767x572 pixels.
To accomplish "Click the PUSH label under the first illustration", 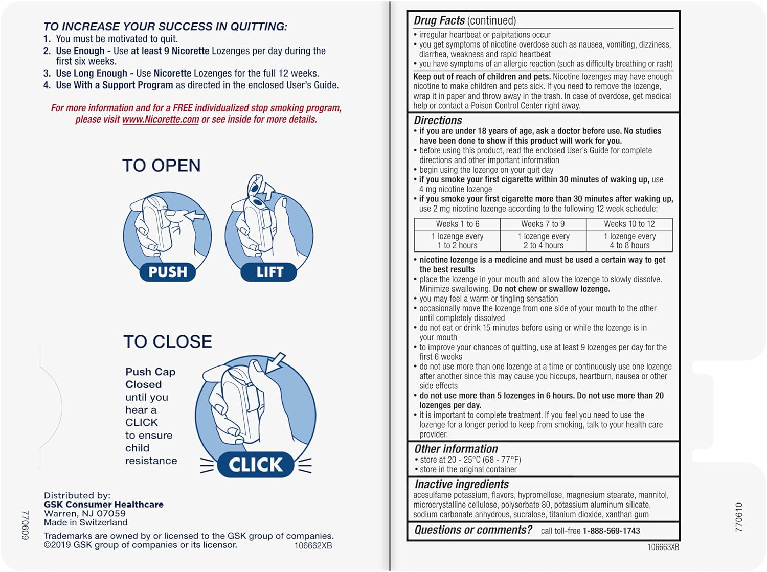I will click(x=167, y=272).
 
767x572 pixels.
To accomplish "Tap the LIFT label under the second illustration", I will click(x=269, y=272).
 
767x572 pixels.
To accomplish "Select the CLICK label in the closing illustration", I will click(x=255, y=465).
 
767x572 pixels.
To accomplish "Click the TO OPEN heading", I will click(x=161, y=166).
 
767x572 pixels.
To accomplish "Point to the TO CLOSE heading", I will click(x=167, y=341).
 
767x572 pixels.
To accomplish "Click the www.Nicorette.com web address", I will click(x=160, y=120).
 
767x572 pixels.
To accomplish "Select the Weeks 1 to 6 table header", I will click(x=457, y=224).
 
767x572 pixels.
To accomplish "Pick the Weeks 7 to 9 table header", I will click(x=543, y=224).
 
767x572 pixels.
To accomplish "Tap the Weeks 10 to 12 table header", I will click(x=629, y=224).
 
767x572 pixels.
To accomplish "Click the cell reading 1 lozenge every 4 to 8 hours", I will click(x=629, y=241).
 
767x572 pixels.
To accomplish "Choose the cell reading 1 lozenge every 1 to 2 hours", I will click(x=457, y=241).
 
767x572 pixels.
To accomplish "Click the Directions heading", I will click(x=438, y=121).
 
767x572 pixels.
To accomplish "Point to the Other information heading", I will click(x=456, y=449).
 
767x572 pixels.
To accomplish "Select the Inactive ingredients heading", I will click(x=461, y=484).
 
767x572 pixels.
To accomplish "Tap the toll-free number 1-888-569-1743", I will click(x=611, y=531).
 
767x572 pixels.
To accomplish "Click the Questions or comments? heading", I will click(x=473, y=530).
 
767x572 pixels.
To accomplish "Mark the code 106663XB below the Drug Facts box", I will click(x=663, y=547).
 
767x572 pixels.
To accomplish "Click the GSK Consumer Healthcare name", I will click(x=103, y=505).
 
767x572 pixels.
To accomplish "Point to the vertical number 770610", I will click(x=739, y=517).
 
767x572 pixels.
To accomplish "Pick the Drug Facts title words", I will click(x=439, y=20).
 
